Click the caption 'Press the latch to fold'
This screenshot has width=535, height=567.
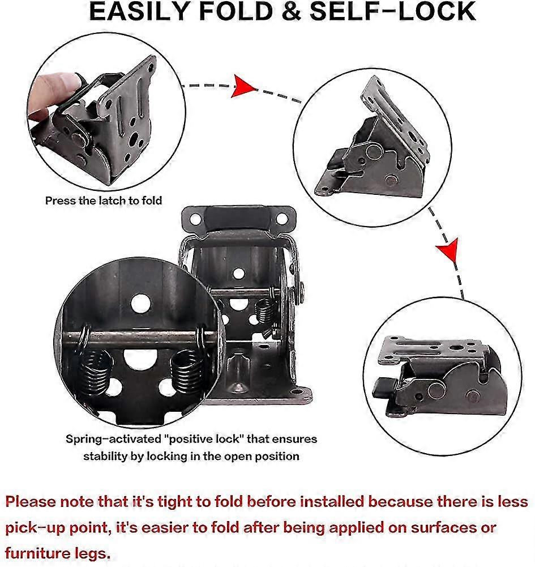point(104,200)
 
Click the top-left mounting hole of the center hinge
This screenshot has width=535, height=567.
point(195,218)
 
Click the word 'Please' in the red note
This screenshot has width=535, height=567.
point(41,502)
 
